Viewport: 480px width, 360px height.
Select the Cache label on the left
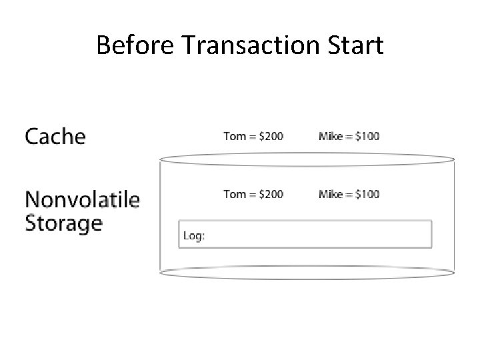[55, 137]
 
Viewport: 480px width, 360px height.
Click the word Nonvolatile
[82, 199]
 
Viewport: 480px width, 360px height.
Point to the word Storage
[63, 223]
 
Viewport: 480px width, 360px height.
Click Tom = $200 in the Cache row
[253, 137]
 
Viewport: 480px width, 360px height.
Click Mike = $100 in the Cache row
[349, 137]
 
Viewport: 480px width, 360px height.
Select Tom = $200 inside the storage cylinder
[253, 194]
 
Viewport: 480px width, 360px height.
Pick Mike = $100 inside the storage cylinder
[349, 194]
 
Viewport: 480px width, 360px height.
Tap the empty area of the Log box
[313, 235]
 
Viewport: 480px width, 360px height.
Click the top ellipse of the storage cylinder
[307, 159]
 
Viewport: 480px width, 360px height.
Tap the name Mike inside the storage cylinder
[331, 194]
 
